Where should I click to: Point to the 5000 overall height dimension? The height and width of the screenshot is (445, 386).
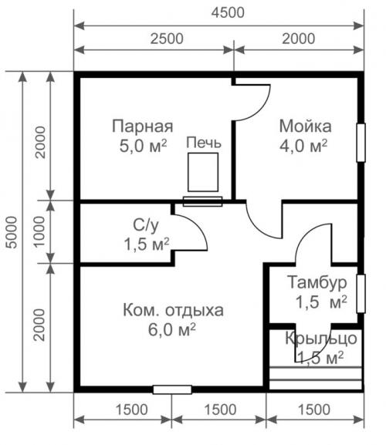click(11, 232)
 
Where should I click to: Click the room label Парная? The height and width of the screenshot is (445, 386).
click(141, 126)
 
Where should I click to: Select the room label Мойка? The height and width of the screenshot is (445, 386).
click(305, 126)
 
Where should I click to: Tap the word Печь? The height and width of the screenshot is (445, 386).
click(204, 143)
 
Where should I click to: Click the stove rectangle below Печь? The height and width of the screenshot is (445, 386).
click(205, 171)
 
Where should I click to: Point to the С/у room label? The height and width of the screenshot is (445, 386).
click(147, 225)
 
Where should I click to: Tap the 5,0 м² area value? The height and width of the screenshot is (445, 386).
click(141, 145)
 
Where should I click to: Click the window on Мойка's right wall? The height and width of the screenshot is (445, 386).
click(360, 143)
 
